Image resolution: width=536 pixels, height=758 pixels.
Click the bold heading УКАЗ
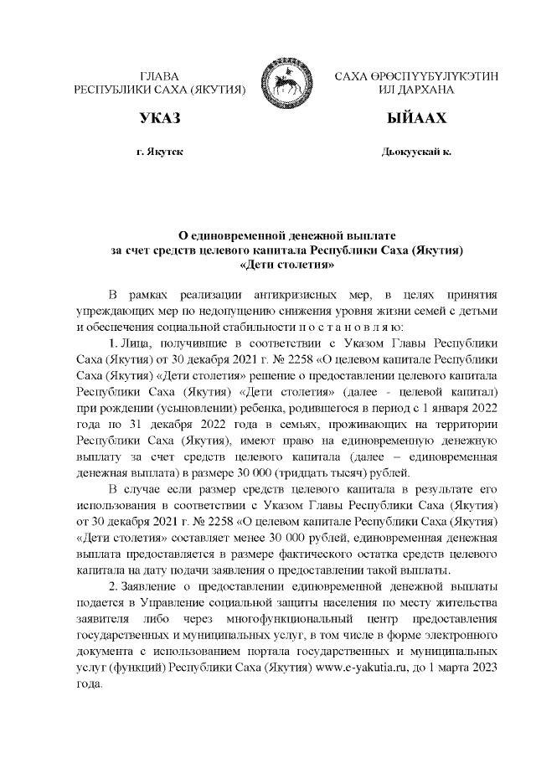[x=159, y=118]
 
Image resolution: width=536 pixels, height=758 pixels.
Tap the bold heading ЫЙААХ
[x=416, y=118]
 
